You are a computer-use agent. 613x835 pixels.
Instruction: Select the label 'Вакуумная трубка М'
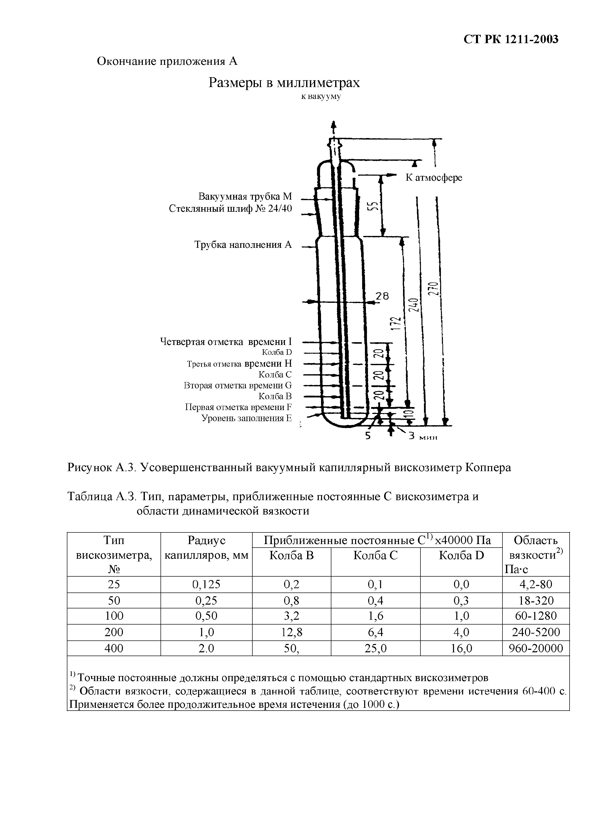click(245, 196)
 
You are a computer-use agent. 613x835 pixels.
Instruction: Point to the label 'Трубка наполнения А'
click(243, 245)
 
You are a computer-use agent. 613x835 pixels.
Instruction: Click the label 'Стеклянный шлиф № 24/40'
click(230, 209)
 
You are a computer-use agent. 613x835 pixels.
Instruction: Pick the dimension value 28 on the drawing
click(382, 296)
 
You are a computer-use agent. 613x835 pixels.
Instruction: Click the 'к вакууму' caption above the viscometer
click(321, 97)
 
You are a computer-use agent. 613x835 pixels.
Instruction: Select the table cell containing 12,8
click(292, 632)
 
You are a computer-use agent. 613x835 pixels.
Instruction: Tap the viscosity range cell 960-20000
click(536, 649)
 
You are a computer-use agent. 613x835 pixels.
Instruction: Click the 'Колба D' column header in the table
click(461, 556)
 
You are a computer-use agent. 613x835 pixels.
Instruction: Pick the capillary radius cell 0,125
click(206, 585)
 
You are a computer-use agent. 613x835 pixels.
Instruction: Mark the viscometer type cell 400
click(114, 649)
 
